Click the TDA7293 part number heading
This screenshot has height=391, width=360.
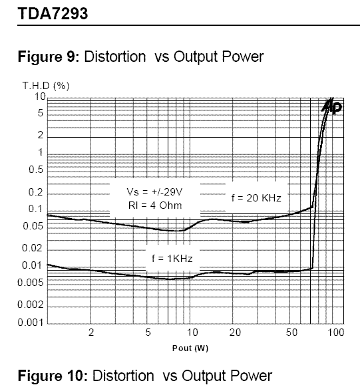tap(53, 13)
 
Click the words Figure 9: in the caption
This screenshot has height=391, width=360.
tap(49, 57)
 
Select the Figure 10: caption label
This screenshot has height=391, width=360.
tap(53, 376)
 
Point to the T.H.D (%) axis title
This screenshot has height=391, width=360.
tap(46, 86)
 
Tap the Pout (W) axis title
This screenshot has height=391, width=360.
tap(190, 348)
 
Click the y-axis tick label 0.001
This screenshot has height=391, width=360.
tap(31, 323)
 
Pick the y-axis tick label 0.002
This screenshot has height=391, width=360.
tap(31, 305)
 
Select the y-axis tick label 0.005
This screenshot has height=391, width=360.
tap(31, 283)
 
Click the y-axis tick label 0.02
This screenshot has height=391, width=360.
tap(33, 248)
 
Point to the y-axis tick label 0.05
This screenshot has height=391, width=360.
tap(33, 226)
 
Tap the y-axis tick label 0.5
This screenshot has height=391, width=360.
tap(36, 170)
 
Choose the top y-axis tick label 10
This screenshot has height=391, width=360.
tap(41, 96)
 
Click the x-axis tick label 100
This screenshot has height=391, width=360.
tap(336, 332)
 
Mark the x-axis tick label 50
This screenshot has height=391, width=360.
tap(291, 332)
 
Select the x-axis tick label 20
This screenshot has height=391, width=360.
tap(235, 332)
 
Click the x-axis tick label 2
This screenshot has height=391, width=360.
tap(91, 332)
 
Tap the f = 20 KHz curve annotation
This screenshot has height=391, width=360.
tap(256, 198)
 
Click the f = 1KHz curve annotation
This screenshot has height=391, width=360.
tap(172, 259)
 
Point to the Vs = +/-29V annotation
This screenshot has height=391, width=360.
tap(154, 192)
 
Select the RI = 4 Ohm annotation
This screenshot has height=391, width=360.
tap(155, 205)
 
